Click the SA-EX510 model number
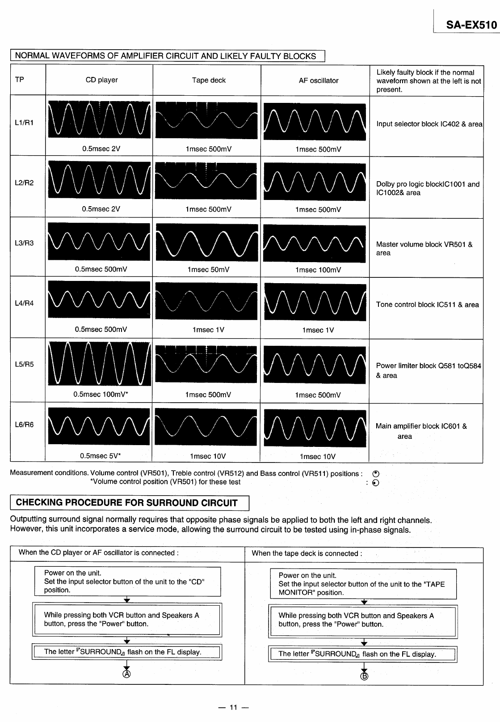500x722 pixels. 471,25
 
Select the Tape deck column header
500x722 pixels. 209,81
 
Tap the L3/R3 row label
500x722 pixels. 24,243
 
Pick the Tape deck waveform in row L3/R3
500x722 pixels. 206,242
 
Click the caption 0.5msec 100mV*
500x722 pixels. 101,395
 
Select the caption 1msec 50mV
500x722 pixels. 208,270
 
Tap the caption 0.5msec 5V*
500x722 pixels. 101,456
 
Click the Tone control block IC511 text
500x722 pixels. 427,305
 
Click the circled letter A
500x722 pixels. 127,674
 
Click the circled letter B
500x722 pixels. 364,676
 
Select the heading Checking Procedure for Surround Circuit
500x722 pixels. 126,502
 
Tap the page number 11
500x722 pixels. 233,708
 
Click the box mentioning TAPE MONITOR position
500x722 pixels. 362,584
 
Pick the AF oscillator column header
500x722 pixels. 319,81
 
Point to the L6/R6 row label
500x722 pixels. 24,425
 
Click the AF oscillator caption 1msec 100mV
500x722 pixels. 318,270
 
